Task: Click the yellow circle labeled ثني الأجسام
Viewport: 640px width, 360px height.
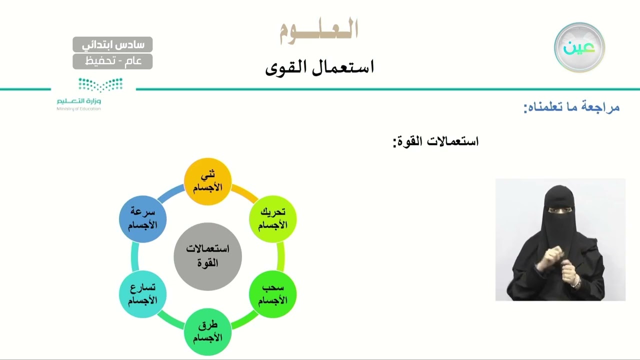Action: tap(207, 181)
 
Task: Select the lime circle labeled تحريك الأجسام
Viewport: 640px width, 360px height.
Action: tap(272, 219)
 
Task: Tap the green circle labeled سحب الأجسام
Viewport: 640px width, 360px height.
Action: tap(272, 294)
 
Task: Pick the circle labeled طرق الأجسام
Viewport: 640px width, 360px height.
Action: tap(207, 331)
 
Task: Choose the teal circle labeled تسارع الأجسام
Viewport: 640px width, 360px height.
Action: tap(142, 294)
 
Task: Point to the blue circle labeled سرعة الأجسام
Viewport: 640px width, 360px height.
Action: tap(142, 219)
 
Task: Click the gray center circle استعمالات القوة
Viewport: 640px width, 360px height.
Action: tap(207, 256)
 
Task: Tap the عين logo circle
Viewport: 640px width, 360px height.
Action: tap(579, 47)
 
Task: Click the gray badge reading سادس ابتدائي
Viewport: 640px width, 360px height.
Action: tap(112, 44)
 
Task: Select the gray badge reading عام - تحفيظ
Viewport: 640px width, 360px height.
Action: tap(112, 61)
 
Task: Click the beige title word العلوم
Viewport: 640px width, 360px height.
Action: tap(319, 29)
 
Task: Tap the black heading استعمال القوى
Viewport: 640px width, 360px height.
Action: tap(319, 67)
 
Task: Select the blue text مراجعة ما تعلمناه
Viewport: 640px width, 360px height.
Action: tap(571, 107)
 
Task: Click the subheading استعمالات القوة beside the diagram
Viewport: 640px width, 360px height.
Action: tap(435, 141)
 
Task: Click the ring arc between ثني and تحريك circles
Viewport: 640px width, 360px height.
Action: tap(243, 193)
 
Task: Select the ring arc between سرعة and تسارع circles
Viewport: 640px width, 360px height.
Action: tap(134, 256)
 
